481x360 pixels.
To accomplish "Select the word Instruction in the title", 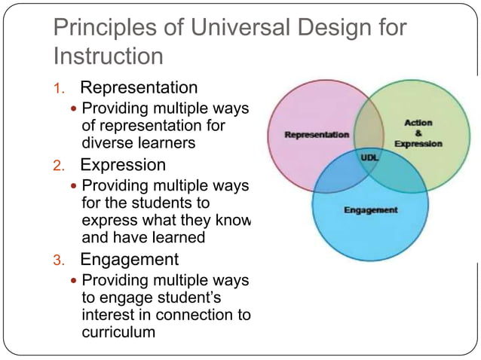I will pos(109,56).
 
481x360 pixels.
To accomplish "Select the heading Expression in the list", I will pos(123,164).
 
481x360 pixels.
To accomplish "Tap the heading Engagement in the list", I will pos(130,260).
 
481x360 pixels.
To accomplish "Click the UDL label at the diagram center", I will pos(370,158).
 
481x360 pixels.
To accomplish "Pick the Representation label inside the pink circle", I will pos(317,135).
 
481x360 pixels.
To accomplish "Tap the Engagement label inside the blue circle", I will pos(370,210).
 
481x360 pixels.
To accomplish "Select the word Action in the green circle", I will pos(418,122).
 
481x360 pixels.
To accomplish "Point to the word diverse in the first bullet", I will pos(106,142).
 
